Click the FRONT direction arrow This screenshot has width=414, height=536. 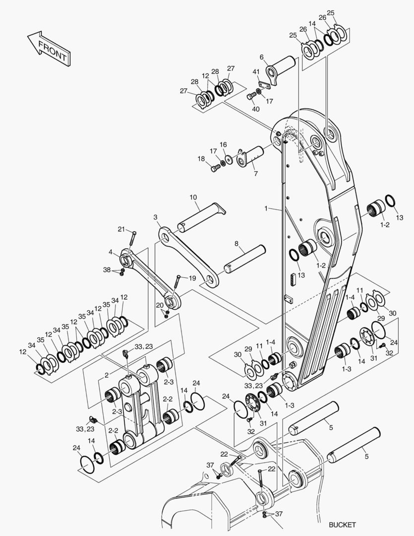click(49, 49)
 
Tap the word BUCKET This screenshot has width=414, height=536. click(342, 525)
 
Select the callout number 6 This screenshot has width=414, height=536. click(262, 57)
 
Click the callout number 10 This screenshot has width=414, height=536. click(193, 198)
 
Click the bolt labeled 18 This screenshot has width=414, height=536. click(214, 168)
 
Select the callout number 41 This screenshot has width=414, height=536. click(256, 72)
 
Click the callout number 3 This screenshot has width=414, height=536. click(155, 217)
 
